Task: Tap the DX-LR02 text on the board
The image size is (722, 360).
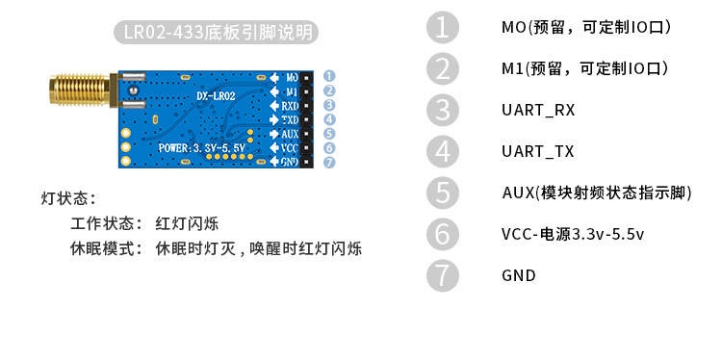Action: click(216, 96)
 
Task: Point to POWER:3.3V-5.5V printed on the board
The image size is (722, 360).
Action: click(203, 148)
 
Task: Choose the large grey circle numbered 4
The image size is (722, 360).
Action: click(442, 151)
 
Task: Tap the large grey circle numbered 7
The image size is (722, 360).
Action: click(442, 274)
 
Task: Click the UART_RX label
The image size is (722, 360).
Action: click(538, 110)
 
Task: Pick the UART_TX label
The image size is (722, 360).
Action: click(538, 151)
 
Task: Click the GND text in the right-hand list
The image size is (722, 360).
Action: click(519, 275)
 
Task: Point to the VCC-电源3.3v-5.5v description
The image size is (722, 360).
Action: click(573, 234)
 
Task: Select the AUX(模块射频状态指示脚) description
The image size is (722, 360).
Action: click(597, 193)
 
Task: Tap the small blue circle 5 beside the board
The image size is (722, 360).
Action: click(329, 134)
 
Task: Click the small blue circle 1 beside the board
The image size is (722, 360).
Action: click(329, 75)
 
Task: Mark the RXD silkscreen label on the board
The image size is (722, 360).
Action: click(290, 106)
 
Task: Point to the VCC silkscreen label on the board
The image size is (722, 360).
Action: click(290, 148)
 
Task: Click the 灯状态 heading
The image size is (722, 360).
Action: click(68, 199)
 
